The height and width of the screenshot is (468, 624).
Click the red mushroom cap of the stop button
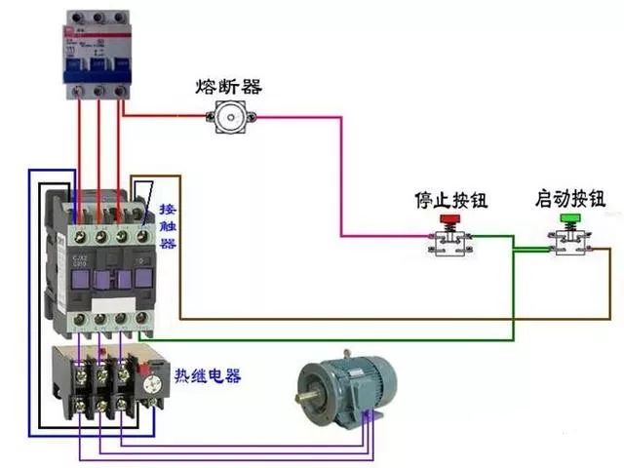450,219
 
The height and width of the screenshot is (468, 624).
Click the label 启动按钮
570,199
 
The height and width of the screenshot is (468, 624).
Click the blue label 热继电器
207,375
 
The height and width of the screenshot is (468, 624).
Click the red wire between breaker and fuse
166,116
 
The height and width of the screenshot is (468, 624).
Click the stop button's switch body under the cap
450,244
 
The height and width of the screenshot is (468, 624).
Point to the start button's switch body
568,244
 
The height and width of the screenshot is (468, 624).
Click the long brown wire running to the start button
390,319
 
